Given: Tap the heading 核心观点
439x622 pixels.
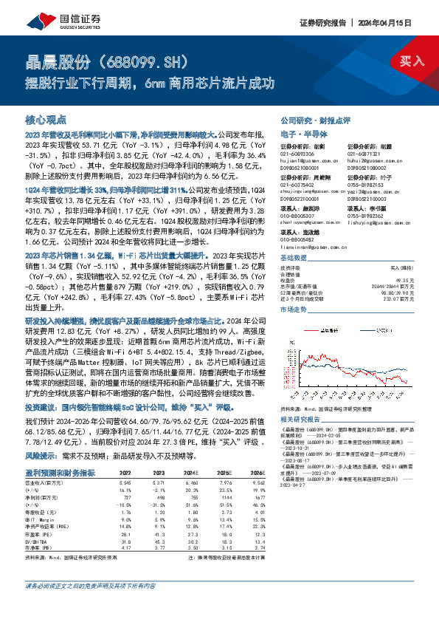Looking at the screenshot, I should (46, 118).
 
